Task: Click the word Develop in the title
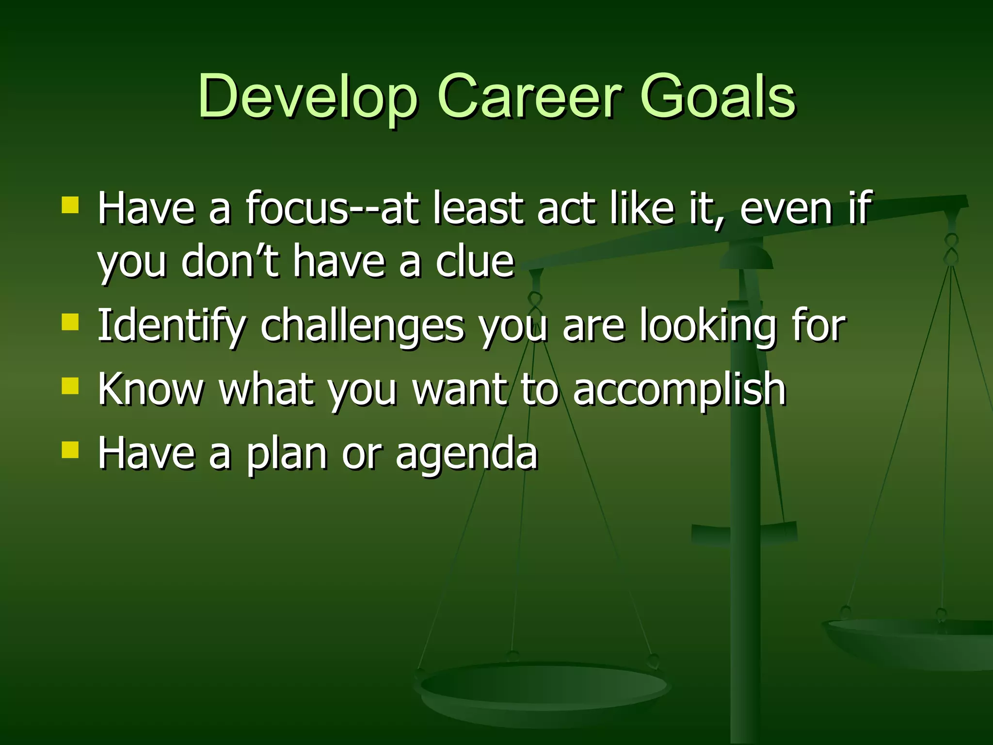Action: (x=307, y=96)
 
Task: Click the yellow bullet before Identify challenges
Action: (x=70, y=322)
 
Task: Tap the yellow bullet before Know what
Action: (x=70, y=387)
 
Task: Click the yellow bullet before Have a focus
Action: (x=70, y=205)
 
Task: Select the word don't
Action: (x=230, y=262)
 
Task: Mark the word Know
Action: (x=150, y=389)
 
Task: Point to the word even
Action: (x=786, y=209)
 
